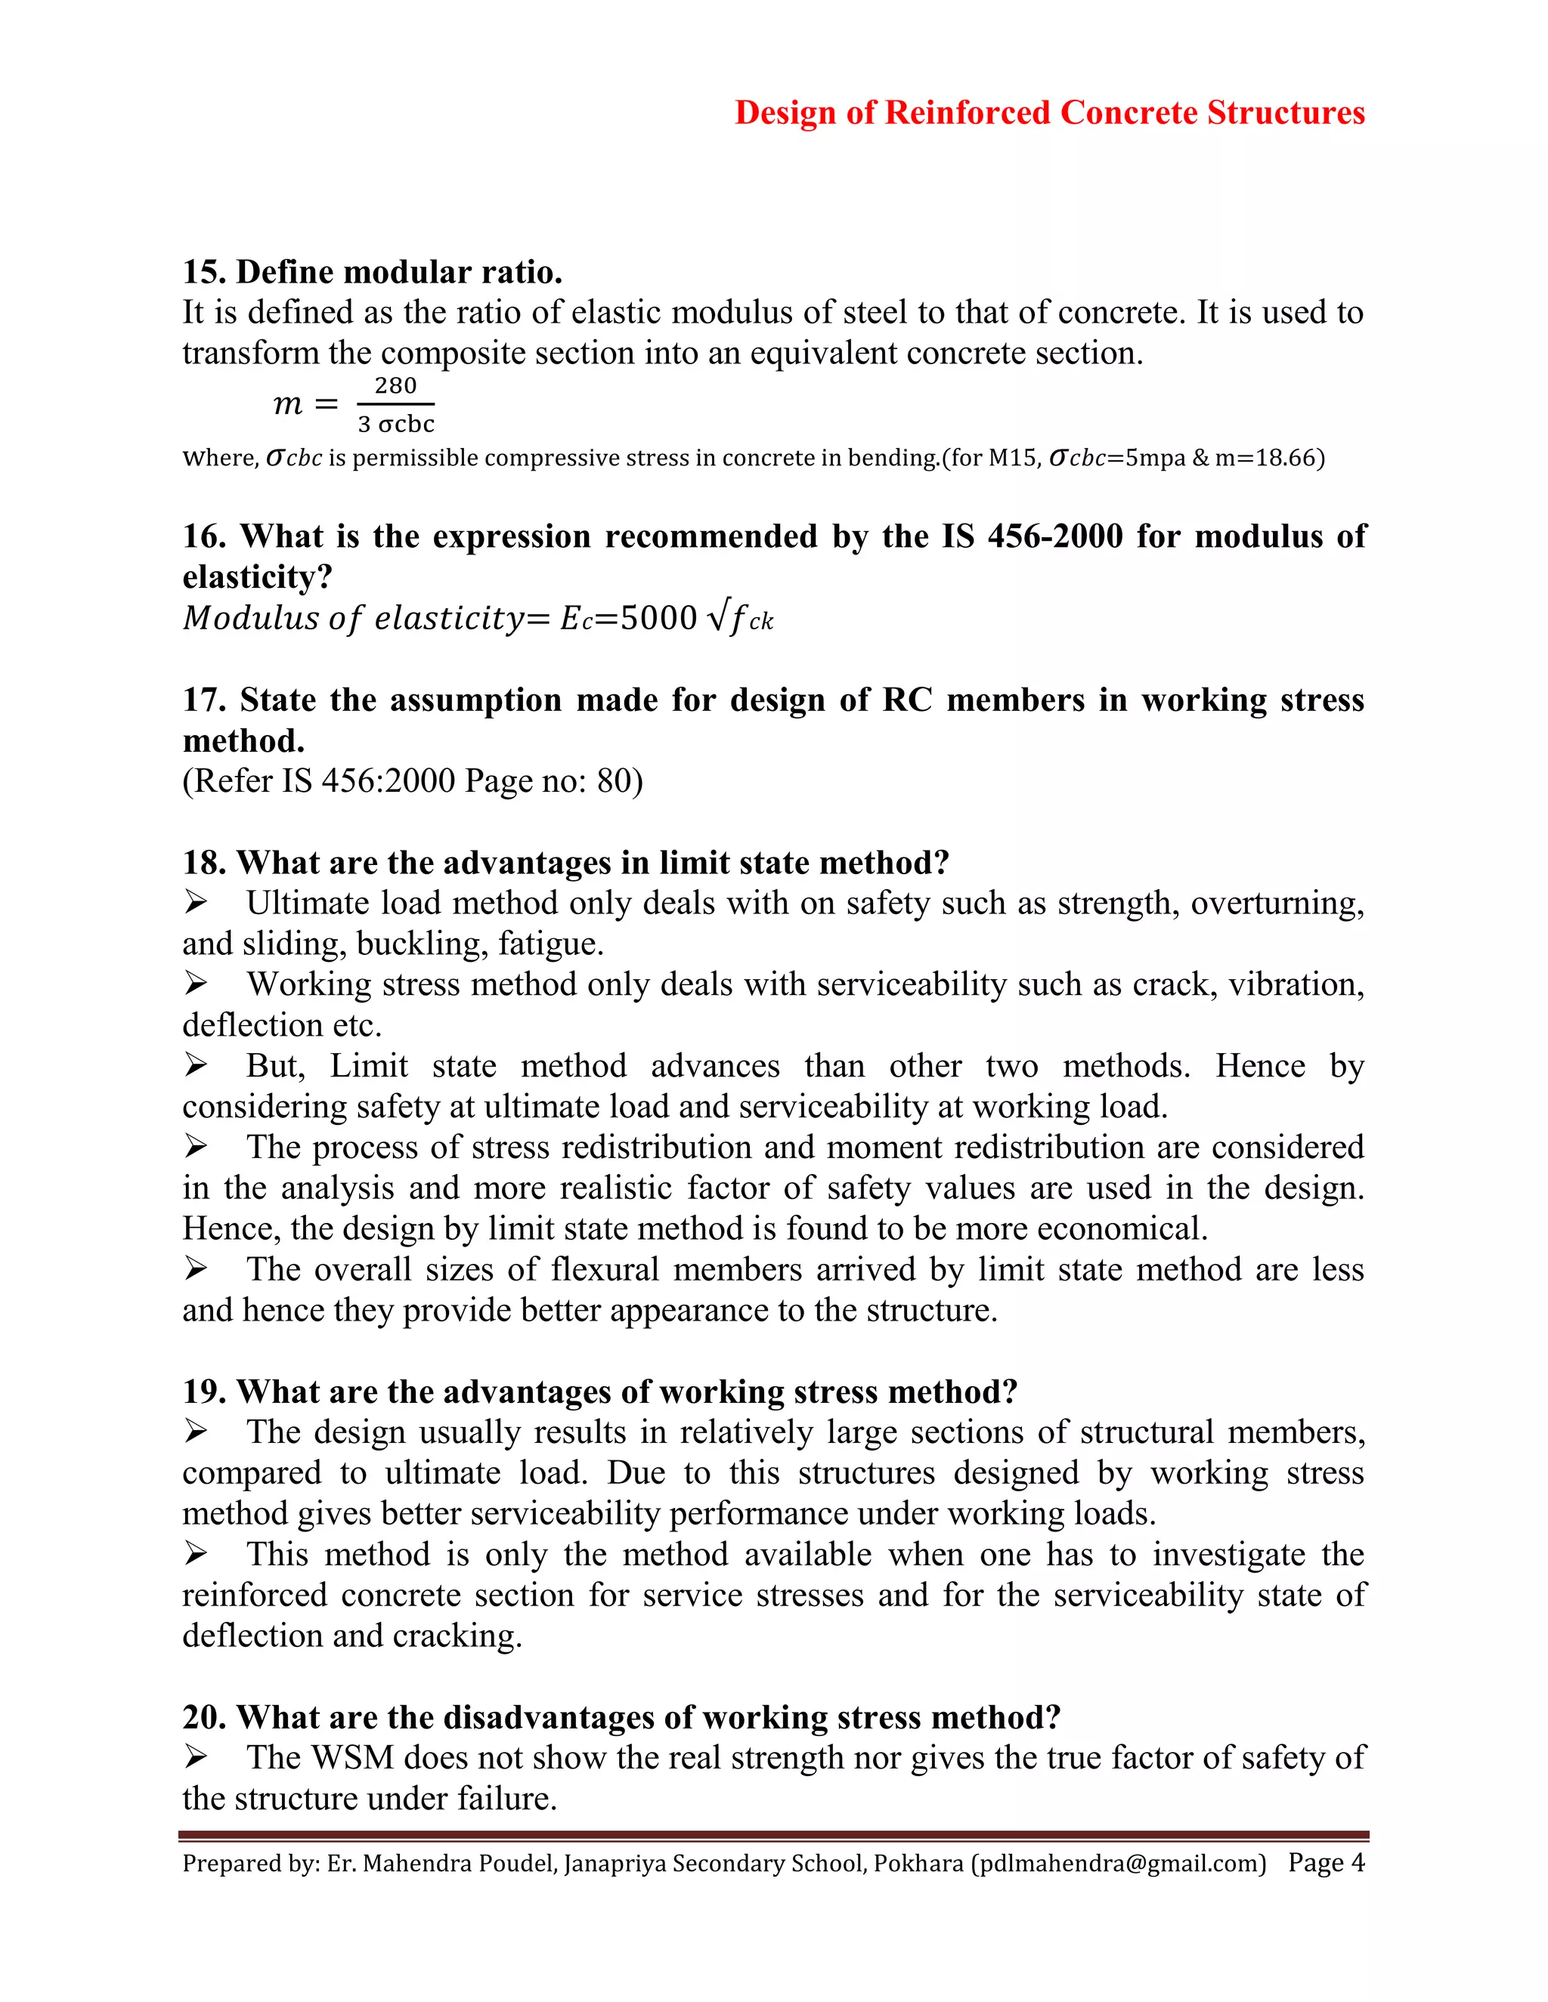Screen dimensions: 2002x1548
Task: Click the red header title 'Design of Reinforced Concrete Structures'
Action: (1049, 113)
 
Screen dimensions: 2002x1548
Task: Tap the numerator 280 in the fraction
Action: (395, 386)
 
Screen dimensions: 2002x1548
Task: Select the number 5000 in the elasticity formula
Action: (658, 619)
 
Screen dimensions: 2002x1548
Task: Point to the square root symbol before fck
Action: (717, 618)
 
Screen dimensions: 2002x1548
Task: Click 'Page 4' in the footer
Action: (1326, 1863)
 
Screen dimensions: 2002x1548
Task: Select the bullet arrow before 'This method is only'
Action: (195, 1555)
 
